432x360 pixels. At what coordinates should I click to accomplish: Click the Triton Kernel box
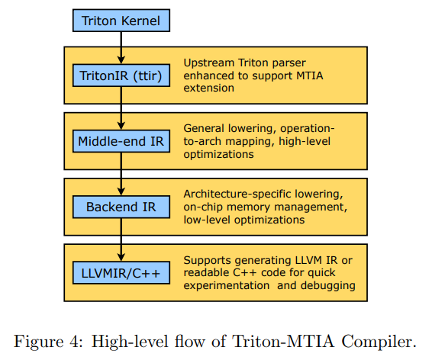pyautogui.click(x=121, y=21)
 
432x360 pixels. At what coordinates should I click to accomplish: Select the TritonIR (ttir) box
pyautogui.click(x=121, y=76)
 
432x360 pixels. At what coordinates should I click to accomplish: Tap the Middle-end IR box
pyautogui.click(x=121, y=141)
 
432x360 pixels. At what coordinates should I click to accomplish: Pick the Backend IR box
pyautogui.click(x=121, y=207)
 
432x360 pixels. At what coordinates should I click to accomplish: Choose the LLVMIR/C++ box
pyautogui.click(x=121, y=273)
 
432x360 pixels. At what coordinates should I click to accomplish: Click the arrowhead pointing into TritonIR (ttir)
pyautogui.click(x=121, y=59)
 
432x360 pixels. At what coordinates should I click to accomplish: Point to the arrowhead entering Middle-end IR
pyautogui.click(x=121, y=126)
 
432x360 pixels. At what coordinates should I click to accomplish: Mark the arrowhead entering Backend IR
pyautogui.click(x=121, y=191)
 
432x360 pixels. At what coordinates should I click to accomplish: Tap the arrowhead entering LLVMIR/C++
pyautogui.click(x=121, y=257)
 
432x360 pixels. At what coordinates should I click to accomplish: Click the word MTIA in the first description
pyautogui.click(x=310, y=76)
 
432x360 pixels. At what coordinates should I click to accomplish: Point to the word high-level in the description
pyautogui.click(x=305, y=141)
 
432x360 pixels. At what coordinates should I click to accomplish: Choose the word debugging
pyautogui.click(x=328, y=286)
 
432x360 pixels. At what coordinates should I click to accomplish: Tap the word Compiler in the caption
pyautogui.click(x=379, y=342)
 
